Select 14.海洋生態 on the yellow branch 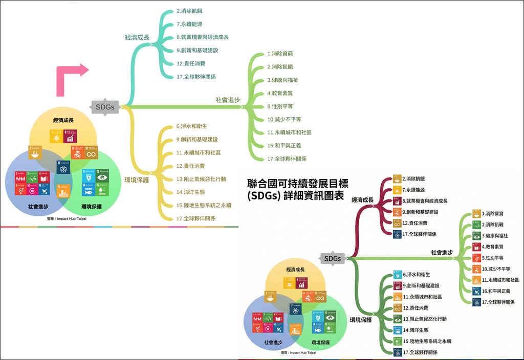pos(191,192)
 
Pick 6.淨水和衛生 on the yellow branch pos(192,126)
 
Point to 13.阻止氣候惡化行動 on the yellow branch pos(201,179)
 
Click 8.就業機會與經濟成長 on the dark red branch pos(425,201)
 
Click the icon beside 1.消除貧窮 pos(476,214)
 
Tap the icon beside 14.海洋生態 pos(398,330)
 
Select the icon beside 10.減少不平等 pos(476,269)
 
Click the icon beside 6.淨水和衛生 pos(398,275)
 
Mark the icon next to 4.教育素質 pos(476,247)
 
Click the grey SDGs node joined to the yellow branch pos(105,107)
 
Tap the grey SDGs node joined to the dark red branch pos(333,258)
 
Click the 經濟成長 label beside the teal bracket pos(137,37)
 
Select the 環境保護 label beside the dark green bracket pos(361,320)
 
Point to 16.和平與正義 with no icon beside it pos(284,146)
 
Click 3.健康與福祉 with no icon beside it pos(282,80)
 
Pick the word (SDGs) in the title pos(263,197)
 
